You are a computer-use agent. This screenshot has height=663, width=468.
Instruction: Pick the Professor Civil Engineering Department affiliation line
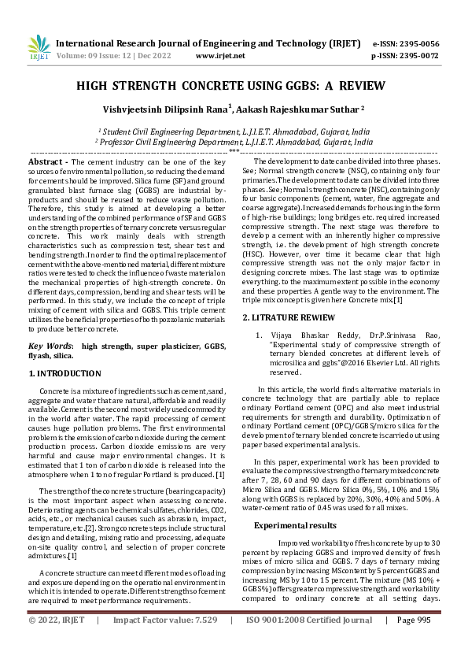(234, 142)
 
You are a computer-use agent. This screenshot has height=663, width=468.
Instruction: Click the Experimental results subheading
(295, 502)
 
